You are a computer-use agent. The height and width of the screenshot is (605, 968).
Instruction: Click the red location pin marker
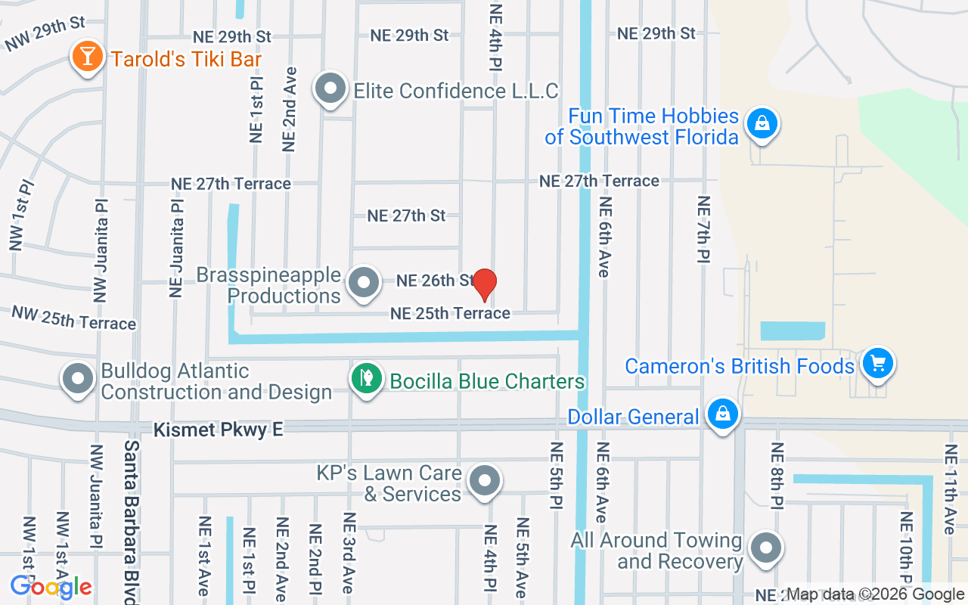pyautogui.click(x=484, y=285)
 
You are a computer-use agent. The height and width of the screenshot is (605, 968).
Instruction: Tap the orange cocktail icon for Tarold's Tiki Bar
pyautogui.click(x=87, y=57)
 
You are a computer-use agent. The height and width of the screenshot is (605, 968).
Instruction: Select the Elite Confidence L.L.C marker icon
pyautogui.click(x=330, y=89)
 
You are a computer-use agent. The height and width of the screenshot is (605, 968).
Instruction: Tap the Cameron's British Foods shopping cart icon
pyautogui.click(x=877, y=364)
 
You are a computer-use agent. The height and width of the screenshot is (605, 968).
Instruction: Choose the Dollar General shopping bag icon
pyautogui.click(x=723, y=414)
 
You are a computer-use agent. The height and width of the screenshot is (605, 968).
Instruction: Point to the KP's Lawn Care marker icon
pyautogui.click(x=485, y=481)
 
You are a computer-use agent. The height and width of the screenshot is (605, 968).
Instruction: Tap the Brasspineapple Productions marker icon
pyautogui.click(x=364, y=283)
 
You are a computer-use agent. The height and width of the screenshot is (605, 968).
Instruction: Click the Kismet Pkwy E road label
pyautogui.click(x=218, y=430)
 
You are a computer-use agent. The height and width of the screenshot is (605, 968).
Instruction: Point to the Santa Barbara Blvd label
pyautogui.click(x=131, y=522)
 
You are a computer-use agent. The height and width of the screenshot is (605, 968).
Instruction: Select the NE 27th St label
pyautogui.click(x=406, y=216)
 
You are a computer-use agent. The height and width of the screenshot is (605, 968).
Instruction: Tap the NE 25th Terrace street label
pyautogui.click(x=450, y=313)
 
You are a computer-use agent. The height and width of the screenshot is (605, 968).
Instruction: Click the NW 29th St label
pyautogui.click(x=45, y=34)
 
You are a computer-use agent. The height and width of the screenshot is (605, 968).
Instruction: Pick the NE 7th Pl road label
pyautogui.click(x=703, y=229)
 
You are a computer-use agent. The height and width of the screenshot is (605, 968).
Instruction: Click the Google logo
pyautogui.click(x=51, y=587)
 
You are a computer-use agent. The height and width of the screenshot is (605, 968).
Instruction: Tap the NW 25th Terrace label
pyautogui.click(x=73, y=318)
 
